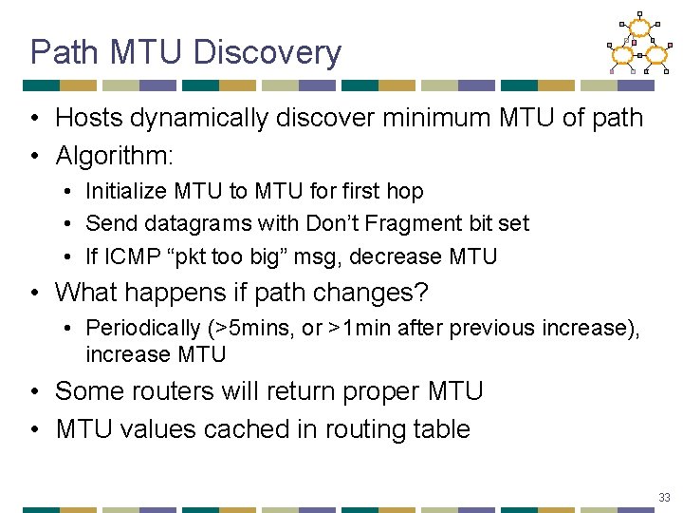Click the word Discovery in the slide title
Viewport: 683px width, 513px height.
pos(267,52)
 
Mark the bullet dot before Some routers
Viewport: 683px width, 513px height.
pos(33,392)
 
